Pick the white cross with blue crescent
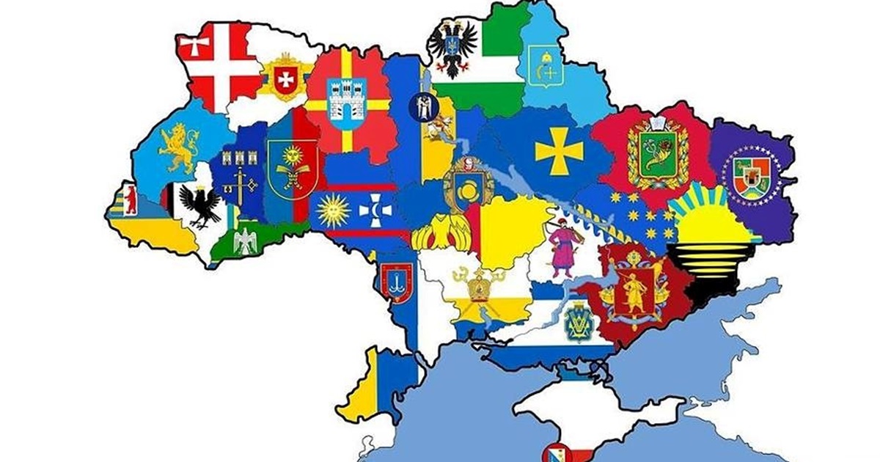point(374,211)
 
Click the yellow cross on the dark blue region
point(559,151)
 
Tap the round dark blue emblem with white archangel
point(422,108)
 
